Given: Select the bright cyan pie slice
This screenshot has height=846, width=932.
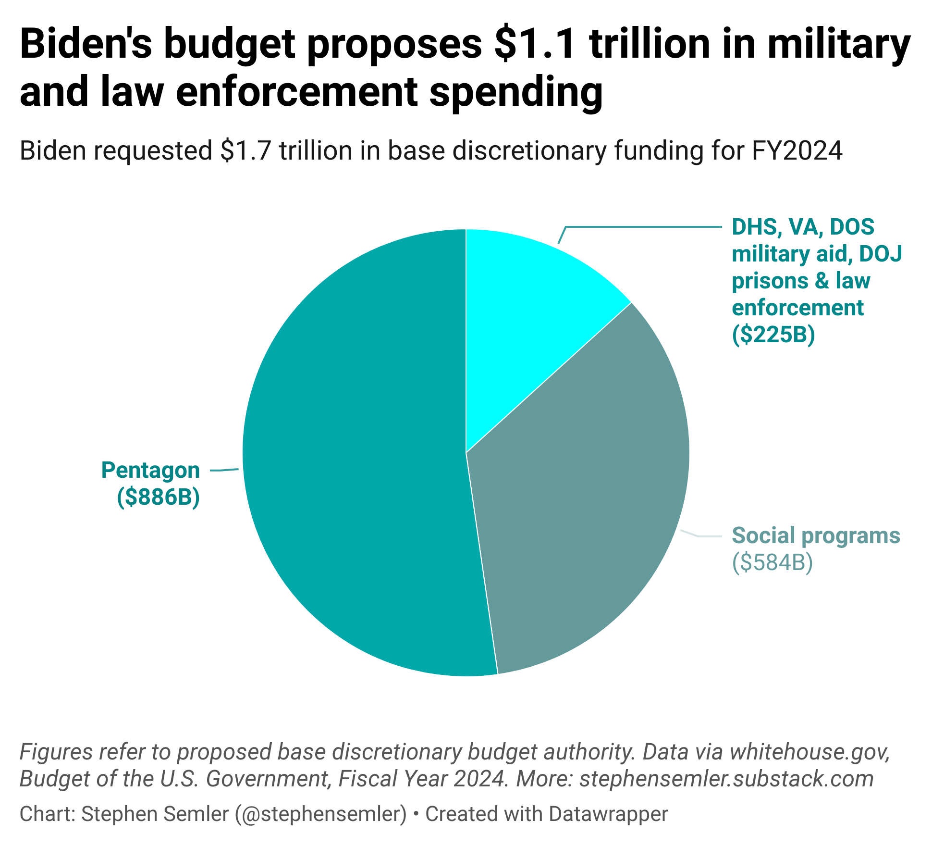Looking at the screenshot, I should click(x=533, y=308).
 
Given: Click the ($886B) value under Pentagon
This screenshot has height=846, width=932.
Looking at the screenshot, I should click(x=159, y=497).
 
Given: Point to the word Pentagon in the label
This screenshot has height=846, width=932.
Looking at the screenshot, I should click(x=150, y=470).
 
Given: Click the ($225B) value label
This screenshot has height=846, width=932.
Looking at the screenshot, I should click(x=773, y=335).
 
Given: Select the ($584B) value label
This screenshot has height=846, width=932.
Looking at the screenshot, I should click(x=773, y=562).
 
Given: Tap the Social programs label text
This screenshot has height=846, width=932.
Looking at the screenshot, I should click(x=816, y=535).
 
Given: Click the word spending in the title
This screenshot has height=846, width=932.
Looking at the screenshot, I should click(x=516, y=91).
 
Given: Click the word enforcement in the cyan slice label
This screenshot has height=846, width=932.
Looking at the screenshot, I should click(x=797, y=308).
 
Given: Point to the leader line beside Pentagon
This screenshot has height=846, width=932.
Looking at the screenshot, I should click(x=225, y=470).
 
